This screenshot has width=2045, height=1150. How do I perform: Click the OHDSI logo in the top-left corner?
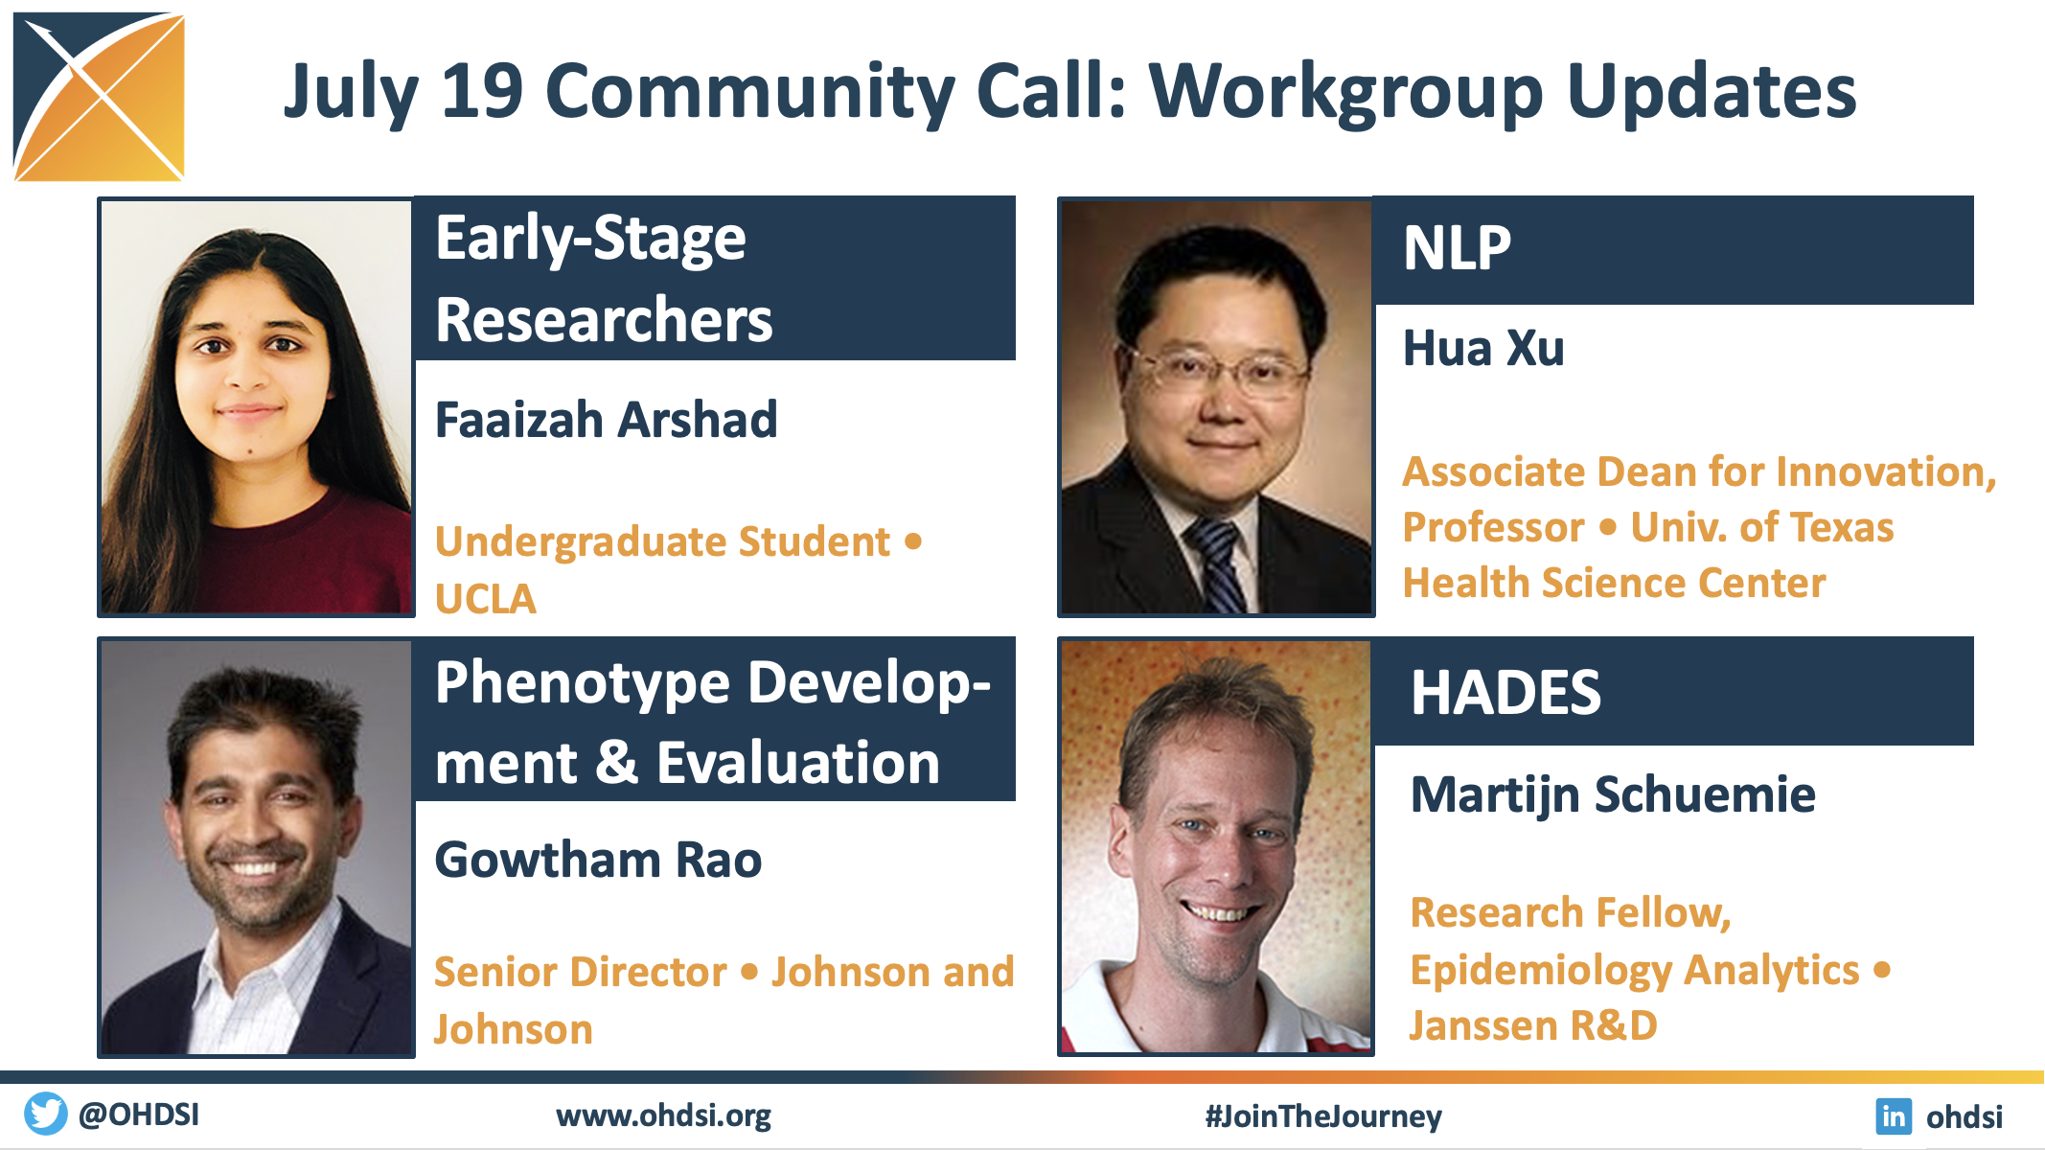(x=99, y=97)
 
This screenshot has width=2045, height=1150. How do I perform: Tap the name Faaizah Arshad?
(x=606, y=420)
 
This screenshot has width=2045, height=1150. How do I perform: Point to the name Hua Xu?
(x=1483, y=348)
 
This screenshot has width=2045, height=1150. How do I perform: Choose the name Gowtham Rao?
(x=598, y=860)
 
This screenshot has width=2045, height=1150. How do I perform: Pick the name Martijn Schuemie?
(x=1613, y=795)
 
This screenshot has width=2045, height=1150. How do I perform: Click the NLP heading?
(x=1457, y=248)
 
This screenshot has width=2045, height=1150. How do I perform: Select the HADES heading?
(x=1505, y=692)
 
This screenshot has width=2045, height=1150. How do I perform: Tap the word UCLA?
(x=486, y=600)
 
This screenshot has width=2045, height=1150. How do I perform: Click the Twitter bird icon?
(x=46, y=1115)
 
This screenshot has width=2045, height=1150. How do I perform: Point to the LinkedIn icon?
(x=1894, y=1116)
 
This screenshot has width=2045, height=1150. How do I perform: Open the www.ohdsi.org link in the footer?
(x=663, y=1116)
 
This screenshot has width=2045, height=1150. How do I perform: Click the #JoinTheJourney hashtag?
(x=1323, y=1116)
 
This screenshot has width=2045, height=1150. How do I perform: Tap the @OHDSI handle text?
(x=139, y=1115)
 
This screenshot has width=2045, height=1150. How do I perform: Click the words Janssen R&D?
(x=1533, y=1025)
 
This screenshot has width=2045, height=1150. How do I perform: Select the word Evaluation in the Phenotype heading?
(x=798, y=764)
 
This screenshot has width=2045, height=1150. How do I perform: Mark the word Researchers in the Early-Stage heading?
(x=604, y=319)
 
